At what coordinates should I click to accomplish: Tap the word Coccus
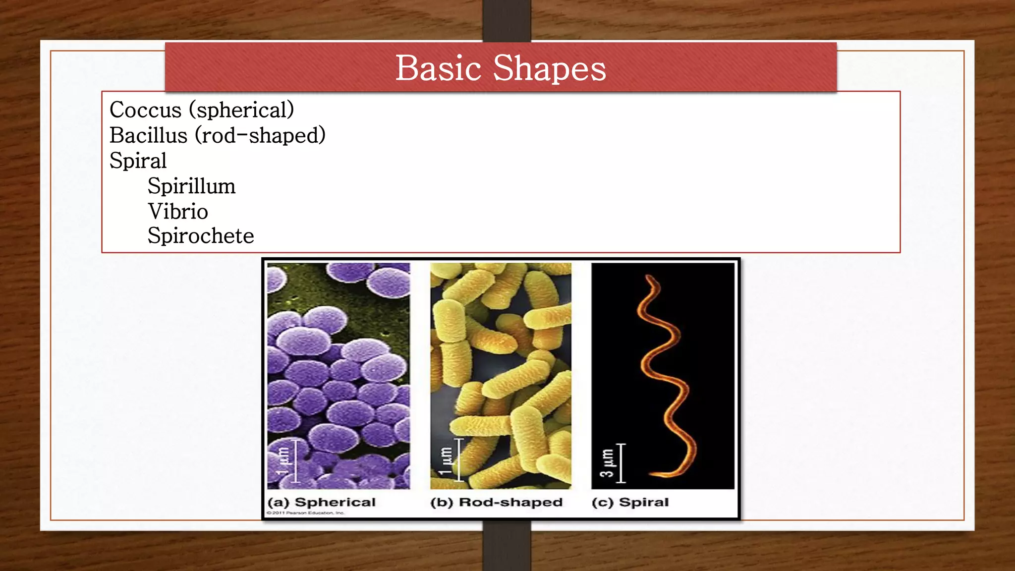pos(145,110)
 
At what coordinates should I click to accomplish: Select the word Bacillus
pos(148,135)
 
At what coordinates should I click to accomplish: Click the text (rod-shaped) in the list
pos(260,135)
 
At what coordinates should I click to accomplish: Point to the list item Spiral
pos(138,161)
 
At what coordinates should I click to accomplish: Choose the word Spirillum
pos(191,186)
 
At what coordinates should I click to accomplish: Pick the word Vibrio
pos(177,212)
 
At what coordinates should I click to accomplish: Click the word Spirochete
pos(200,236)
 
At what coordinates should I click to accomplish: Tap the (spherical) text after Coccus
pos(241,110)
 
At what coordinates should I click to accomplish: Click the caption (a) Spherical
pos(321,502)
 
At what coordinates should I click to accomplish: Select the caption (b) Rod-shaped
pos(496,502)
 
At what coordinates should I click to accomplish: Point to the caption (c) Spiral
pos(630,502)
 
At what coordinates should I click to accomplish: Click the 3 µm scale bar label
pos(607,463)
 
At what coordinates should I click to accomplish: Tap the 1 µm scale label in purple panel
pos(282,461)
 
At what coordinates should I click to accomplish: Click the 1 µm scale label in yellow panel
pos(446,460)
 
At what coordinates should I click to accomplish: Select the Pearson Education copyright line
pos(305,513)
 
